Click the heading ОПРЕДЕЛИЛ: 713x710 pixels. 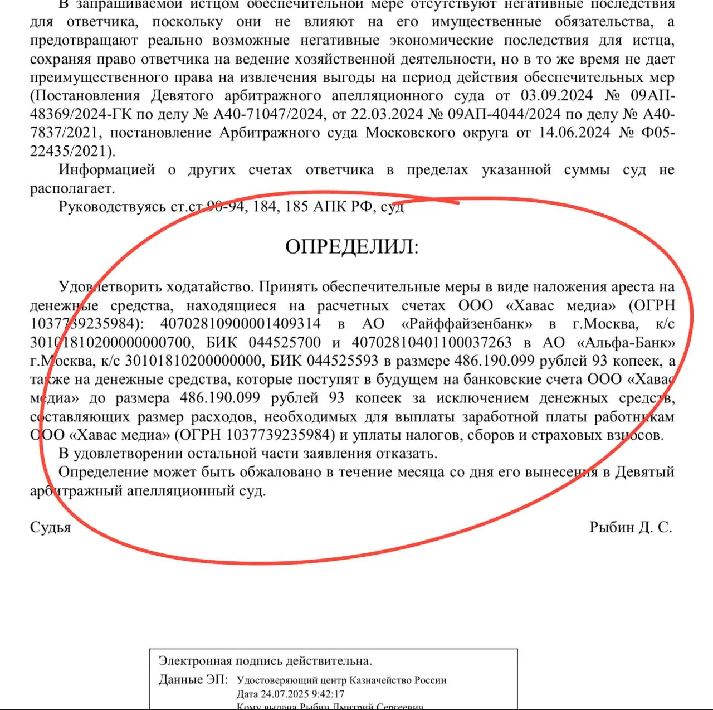(x=351, y=246)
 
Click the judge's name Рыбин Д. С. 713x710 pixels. (x=631, y=527)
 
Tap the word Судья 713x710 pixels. (x=50, y=527)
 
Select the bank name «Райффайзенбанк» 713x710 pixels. (x=467, y=324)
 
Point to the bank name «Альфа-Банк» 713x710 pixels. (x=627, y=342)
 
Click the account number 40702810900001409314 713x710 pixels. (x=241, y=324)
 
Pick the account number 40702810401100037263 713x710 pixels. (x=431, y=342)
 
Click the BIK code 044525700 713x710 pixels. (x=285, y=342)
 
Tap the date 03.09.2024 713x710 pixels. (x=556, y=95)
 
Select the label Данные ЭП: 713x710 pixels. (x=193, y=680)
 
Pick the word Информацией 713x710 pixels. (x=107, y=169)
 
